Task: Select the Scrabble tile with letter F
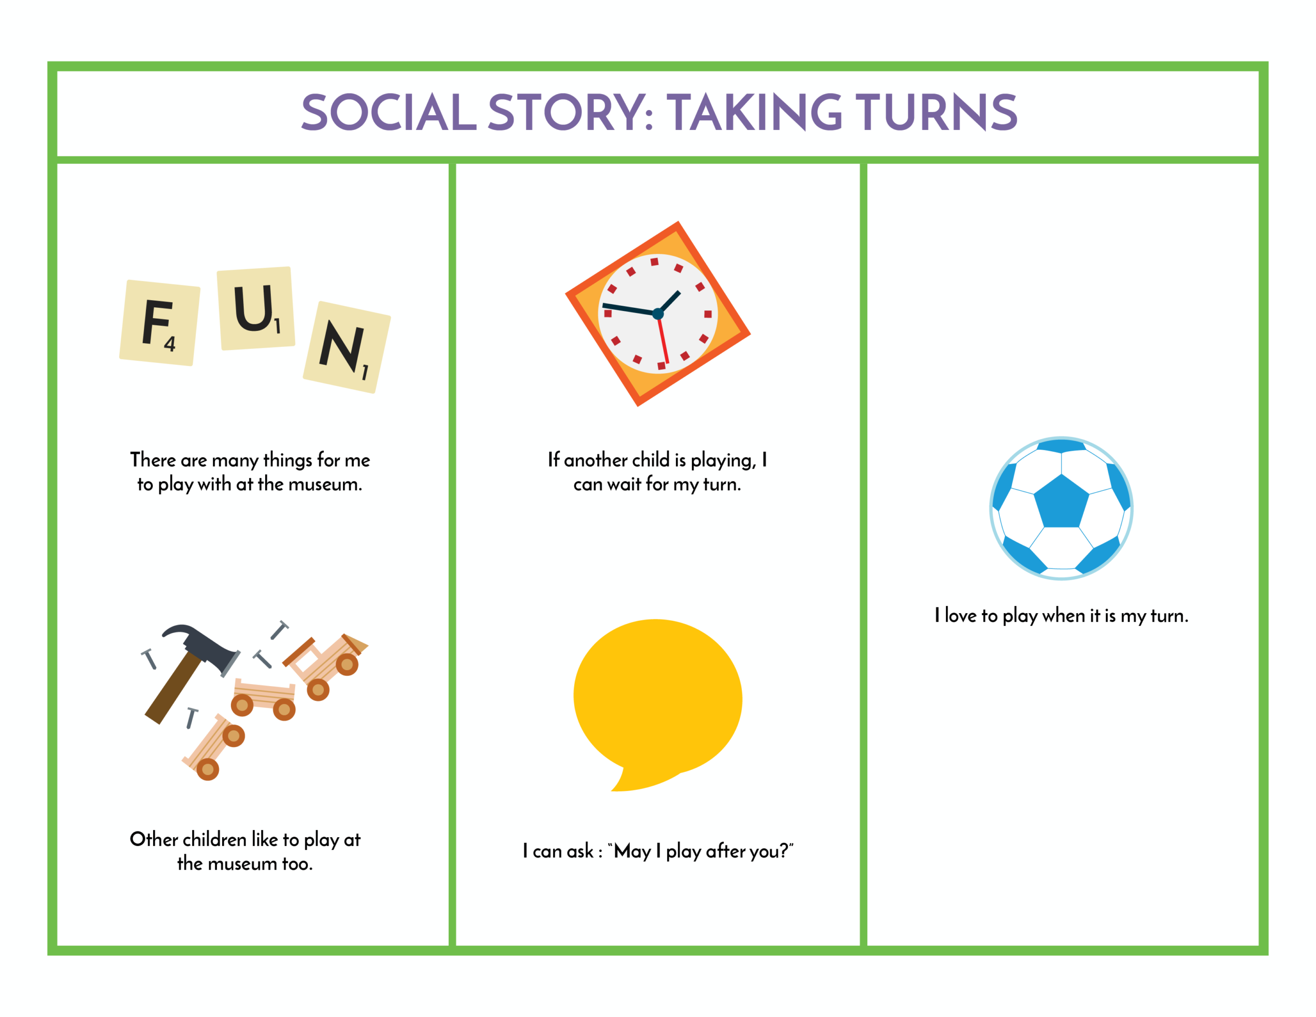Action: coord(160,323)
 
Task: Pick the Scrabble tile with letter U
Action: coord(256,308)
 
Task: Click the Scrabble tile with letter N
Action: coord(347,347)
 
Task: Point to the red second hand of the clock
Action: coord(664,340)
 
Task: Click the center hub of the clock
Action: coord(658,314)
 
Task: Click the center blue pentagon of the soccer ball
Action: coord(1061,501)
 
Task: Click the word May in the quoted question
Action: coord(632,852)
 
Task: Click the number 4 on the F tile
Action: coord(170,344)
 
